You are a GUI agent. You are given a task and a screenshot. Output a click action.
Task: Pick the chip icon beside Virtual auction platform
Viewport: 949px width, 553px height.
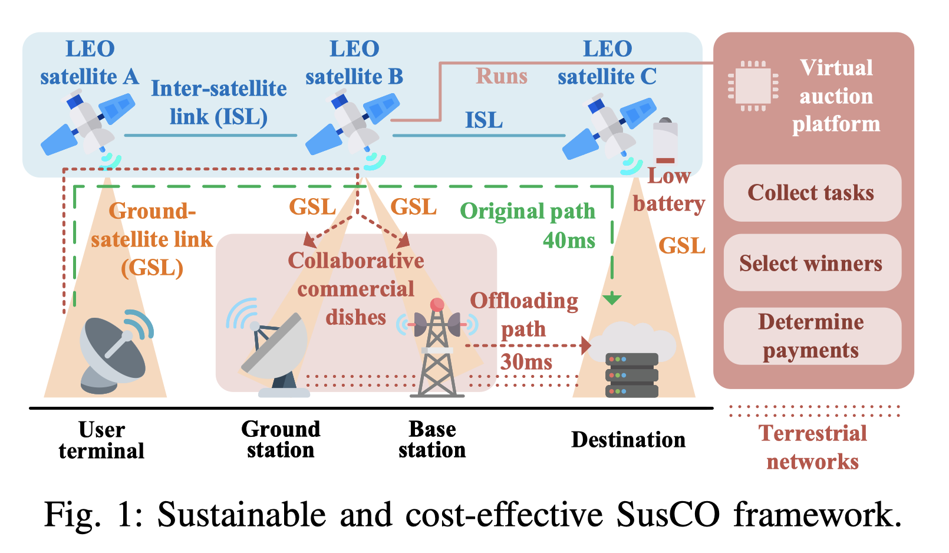tap(753, 86)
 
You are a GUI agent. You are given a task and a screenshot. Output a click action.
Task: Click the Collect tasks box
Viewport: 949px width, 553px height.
tap(812, 193)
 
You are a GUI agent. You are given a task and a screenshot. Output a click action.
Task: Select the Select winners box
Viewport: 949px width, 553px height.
tap(812, 263)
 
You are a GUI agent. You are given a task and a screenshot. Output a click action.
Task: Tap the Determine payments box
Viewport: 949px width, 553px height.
tap(812, 335)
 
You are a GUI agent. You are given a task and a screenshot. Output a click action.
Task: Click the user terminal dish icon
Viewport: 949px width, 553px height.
tap(115, 354)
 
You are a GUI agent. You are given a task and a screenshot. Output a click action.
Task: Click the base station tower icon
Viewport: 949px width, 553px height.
tap(437, 354)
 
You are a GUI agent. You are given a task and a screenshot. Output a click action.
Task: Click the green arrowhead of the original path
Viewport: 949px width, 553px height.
tap(612, 299)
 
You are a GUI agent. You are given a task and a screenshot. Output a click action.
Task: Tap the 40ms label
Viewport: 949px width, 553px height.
tap(569, 241)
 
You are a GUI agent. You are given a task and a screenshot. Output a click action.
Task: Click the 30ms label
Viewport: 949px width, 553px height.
tap(526, 361)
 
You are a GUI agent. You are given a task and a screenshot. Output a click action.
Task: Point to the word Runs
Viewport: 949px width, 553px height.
tap(501, 77)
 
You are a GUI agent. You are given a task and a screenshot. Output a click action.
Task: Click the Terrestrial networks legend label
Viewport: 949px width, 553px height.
tap(812, 447)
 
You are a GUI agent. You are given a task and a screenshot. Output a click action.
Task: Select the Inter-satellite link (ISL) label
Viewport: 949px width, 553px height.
tap(219, 103)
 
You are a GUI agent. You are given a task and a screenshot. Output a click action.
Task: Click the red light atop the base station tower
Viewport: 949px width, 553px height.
tap(437, 304)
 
